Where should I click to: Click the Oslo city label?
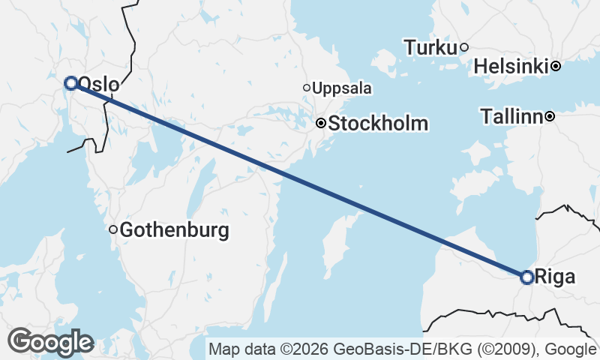coord(98,84)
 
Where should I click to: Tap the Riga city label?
coord(556,277)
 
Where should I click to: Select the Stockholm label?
coord(378,124)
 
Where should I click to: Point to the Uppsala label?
coord(342,88)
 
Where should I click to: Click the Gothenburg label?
coord(174,230)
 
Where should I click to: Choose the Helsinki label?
coord(512,67)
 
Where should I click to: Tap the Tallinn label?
coord(512,117)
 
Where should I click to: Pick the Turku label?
coord(430,48)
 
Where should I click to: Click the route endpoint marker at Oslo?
coord(71,83)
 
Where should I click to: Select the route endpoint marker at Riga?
coord(527,277)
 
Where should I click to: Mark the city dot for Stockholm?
coord(320,124)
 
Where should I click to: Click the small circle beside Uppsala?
coord(307,88)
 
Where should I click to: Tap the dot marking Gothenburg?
coord(113,229)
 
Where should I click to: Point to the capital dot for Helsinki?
coord(556,66)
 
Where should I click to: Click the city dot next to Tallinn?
coord(550,116)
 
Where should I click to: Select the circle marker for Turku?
coord(464,47)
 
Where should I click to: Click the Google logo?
coord(50,342)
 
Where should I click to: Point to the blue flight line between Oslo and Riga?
coord(300,181)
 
